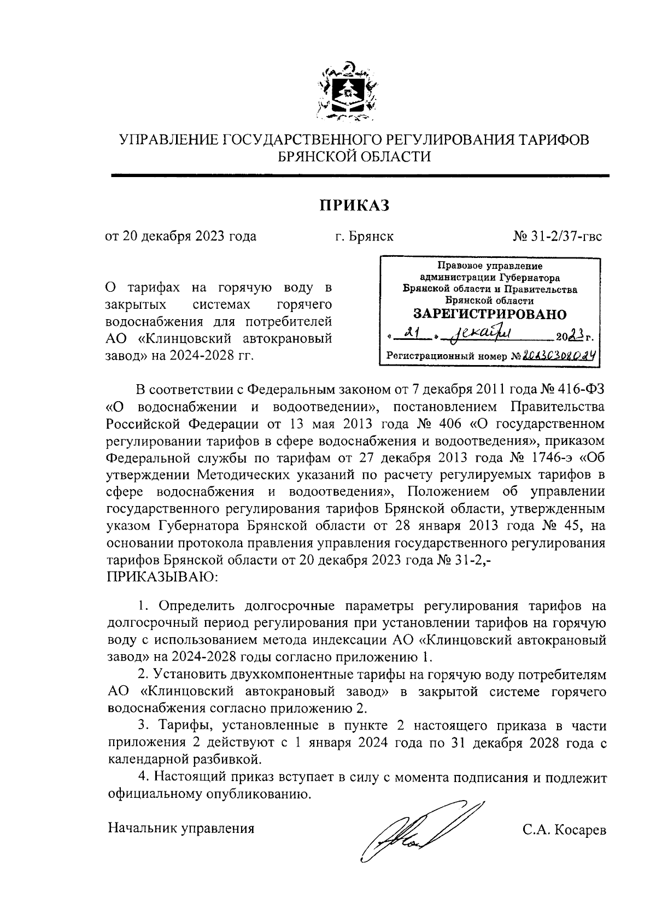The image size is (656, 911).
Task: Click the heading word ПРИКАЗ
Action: (354, 205)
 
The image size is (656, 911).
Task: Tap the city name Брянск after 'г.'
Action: (371, 237)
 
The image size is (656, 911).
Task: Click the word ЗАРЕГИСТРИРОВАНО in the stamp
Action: (490, 314)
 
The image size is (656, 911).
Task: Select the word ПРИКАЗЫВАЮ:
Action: (162, 577)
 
